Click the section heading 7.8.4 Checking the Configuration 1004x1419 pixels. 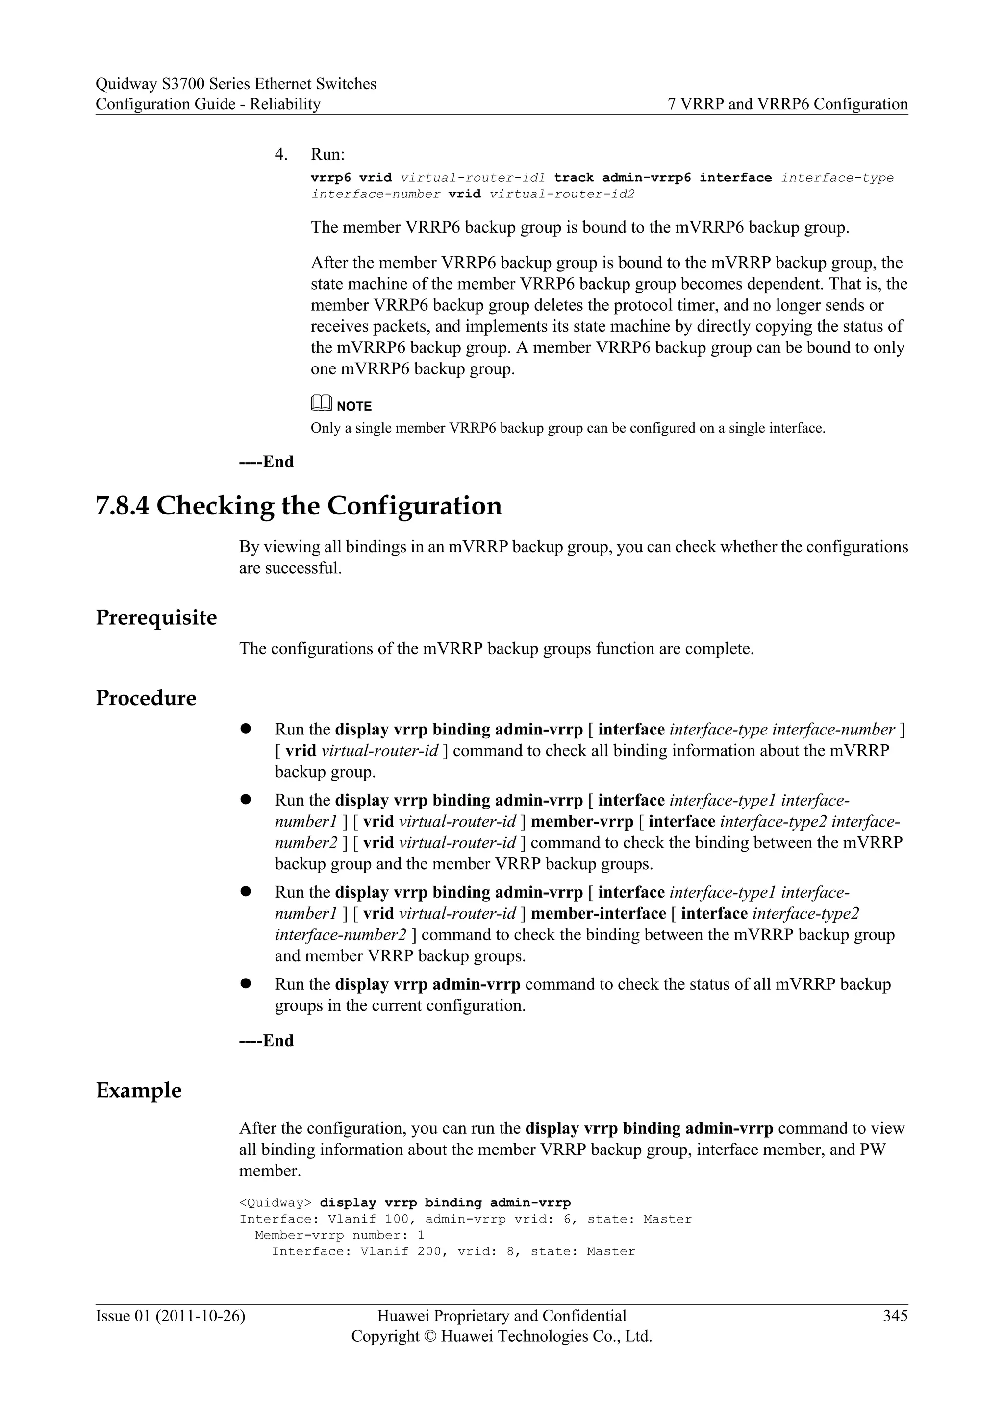point(299,506)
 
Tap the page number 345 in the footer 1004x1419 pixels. point(895,1316)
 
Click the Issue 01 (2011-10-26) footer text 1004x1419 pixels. point(170,1316)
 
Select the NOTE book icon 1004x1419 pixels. point(321,404)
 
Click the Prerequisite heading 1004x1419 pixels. point(156,617)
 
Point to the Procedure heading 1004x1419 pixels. point(146,698)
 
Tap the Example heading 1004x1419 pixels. point(138,1090)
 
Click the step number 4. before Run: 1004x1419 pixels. point(281,154)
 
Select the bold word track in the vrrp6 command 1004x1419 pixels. point(573,178)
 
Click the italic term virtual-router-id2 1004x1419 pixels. point(562,194)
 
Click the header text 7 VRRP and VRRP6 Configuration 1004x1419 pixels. point(788,104)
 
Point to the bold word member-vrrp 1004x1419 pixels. point(582,821)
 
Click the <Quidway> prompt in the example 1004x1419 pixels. point(275,1203)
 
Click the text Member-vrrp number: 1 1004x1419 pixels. point(339,1235)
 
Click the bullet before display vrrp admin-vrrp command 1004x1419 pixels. point(246,983)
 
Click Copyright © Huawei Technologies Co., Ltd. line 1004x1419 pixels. point(502,1336)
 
